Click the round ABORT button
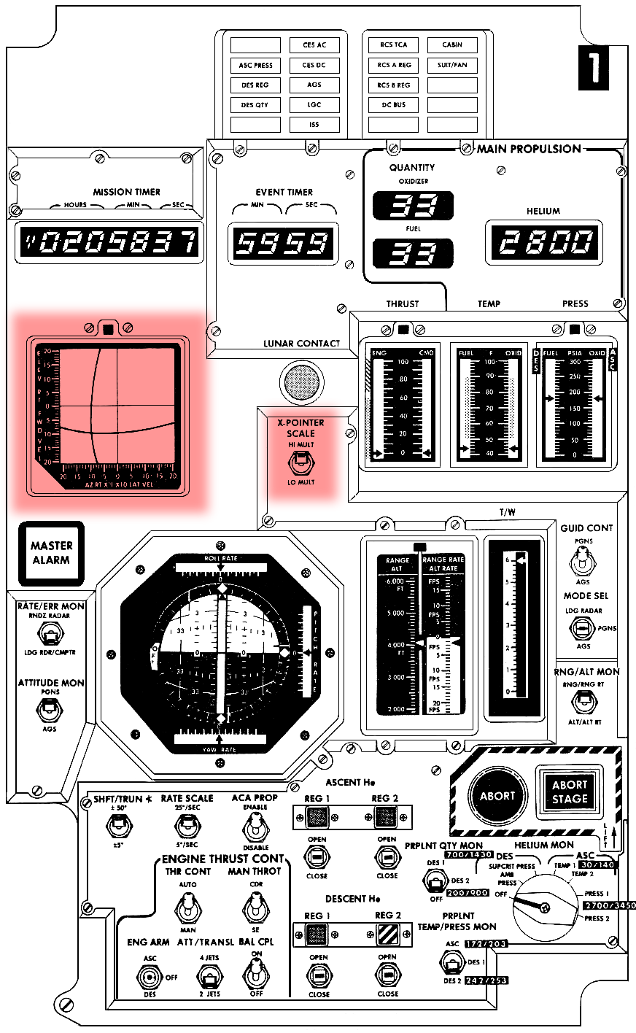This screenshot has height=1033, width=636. point(497,796)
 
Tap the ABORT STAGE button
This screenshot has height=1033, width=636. point(570,792)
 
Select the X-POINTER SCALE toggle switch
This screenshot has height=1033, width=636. point(300,463)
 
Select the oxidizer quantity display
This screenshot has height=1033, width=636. point(413,206)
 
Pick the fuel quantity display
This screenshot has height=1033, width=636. point(413,253)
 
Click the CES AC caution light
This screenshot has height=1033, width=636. point(314,45)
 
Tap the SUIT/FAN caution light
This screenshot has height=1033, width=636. point(452,65)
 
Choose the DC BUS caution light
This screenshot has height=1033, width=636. point(393,105)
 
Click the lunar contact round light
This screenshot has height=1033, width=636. point(300,381)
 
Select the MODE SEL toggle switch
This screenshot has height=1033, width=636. point(581,627)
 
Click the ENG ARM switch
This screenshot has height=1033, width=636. point(151,977)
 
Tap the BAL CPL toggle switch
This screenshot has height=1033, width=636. point(255,974)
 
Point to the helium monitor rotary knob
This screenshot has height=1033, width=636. point(543,907)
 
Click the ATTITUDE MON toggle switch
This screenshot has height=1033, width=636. point(50,708)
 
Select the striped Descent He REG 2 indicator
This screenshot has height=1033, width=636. point(387,935)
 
